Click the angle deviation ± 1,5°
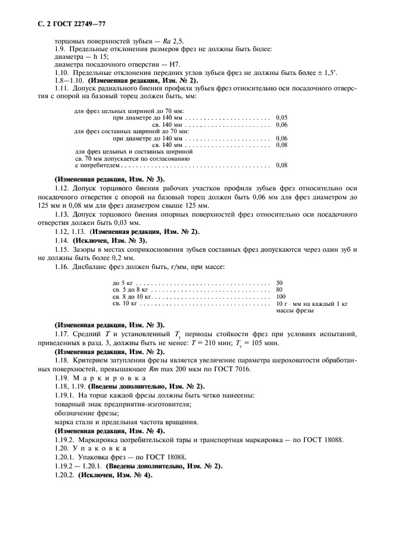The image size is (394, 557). coord(325,73)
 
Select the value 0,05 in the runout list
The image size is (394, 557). coord(282,117)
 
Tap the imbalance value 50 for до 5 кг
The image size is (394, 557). coord(280,283)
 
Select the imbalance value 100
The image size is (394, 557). coord(281,296)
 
